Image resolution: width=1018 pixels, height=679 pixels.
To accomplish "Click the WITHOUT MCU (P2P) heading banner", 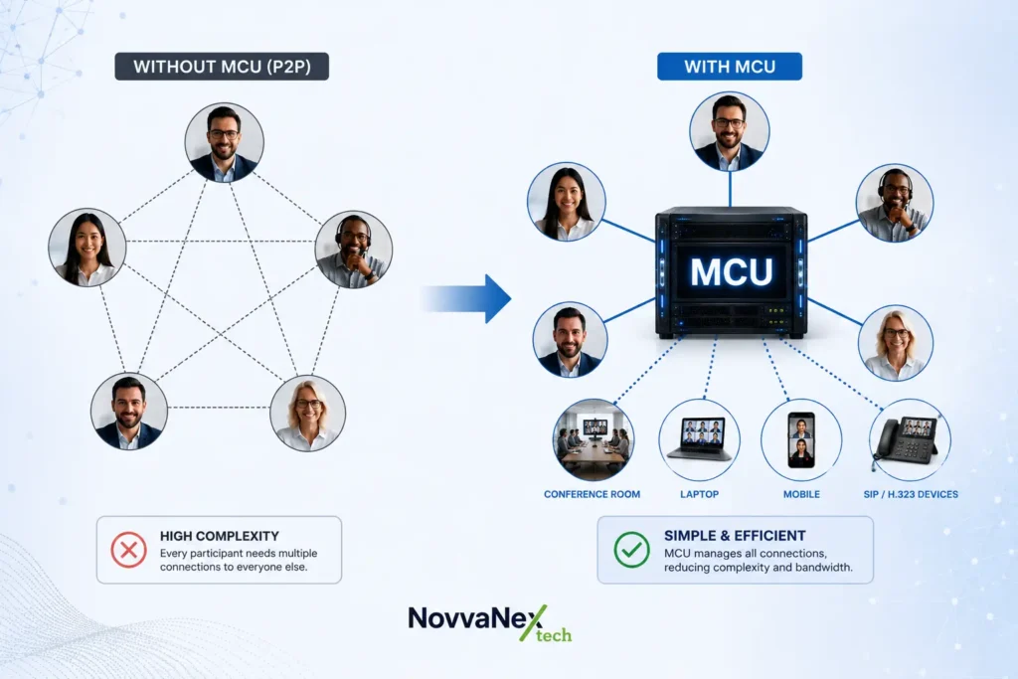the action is click(x=222, y=67).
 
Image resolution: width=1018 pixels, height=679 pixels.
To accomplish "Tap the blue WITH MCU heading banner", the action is click(x=730, y=67).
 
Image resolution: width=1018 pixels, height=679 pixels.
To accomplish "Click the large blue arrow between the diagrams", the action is click(x=466, y=298).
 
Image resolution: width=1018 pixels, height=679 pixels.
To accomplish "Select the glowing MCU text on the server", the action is click(x=732, y=272).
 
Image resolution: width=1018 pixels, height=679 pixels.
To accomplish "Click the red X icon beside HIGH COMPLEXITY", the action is click(x=128, y=550).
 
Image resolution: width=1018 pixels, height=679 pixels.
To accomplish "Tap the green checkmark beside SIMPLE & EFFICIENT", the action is click(x=631, y=550).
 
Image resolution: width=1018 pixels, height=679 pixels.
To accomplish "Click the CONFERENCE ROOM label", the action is click(x=593, y=494).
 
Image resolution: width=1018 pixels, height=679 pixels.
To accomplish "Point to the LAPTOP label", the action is click(x=699, y=494).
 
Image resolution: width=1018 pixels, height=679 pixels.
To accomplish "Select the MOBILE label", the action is click(x=801, y=494).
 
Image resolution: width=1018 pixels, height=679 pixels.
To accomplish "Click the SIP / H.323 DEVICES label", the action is click(x=911, y=494).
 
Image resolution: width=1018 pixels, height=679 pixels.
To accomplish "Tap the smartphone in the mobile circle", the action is click(x=801, y=440).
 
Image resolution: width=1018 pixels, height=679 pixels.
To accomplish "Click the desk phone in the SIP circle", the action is click(x=907, y=439).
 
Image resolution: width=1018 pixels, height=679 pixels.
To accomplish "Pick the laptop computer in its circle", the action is click(x=699, y=438).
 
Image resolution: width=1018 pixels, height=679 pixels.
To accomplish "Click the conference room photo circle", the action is click(x=594, y=440).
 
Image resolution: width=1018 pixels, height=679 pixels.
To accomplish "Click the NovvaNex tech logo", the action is click(x=490, y=623).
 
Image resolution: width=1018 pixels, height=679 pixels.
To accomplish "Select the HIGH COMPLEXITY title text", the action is click(x=220, y=536).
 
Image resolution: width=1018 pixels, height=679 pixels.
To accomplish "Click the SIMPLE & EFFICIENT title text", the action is click(x=735, y=536).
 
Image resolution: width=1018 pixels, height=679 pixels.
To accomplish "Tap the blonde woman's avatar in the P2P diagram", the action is click(x=308, y=413).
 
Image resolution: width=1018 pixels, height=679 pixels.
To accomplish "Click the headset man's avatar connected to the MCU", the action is click(x=895, y=203).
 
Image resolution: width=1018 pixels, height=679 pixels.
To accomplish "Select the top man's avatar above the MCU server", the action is click(x=730, y=131).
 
